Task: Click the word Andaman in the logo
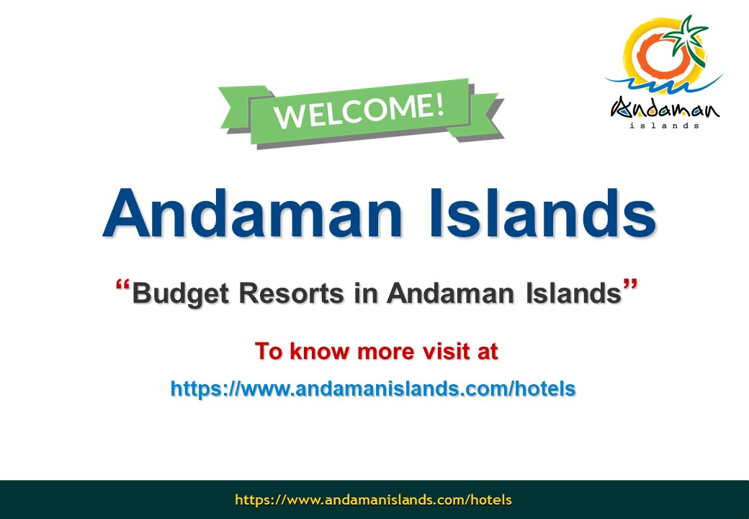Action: [x=665, y=108]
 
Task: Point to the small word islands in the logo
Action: [x=665, y=125]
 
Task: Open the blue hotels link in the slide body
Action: [x=373, y=389]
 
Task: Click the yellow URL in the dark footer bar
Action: [x=373, y=500]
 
